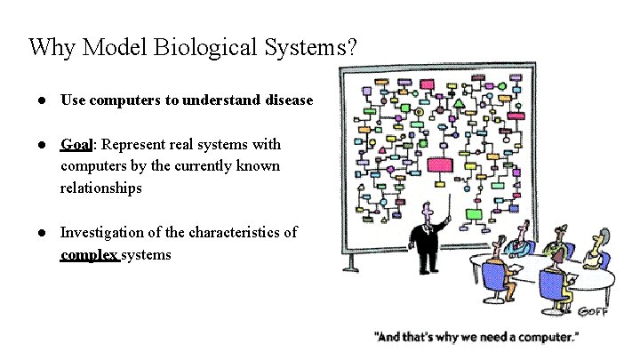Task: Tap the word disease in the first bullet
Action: (x=289, y=100)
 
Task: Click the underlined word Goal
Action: (x=78, y=144)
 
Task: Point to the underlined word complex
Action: (x=89, y=255)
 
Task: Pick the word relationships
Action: (x=100, y=188)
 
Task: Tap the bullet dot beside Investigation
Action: (x=42, y=233)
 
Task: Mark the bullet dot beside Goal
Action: (x=42, y=144)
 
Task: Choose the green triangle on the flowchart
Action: (x=459, y=104)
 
